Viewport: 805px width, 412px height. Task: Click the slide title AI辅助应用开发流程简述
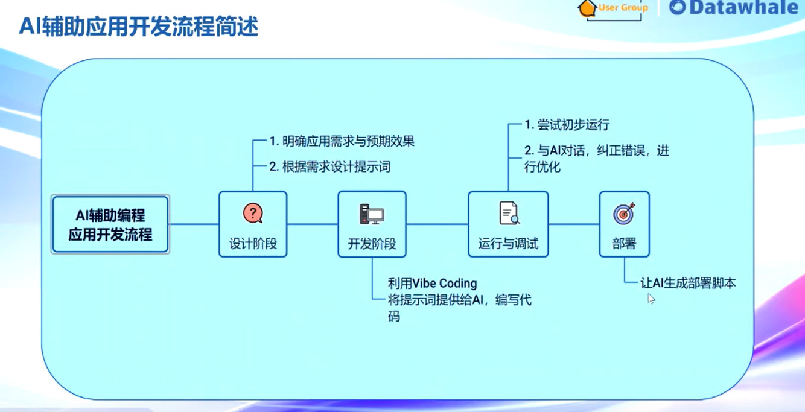pyautogui.click(x=139, y=27)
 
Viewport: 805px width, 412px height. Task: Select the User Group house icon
pyautogui.click(x=586, y=8)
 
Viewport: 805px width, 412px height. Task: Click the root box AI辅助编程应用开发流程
pyautogui.click(x=110, y=224)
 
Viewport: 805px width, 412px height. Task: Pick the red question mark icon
pyautogui.click(x=253, y=213)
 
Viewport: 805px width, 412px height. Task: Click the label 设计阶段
pyautogui.click(x=253, y=244)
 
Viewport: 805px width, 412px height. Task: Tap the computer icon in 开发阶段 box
pyautogui.click(x=372, y=214)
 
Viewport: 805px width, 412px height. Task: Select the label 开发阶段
pyautogui.click(x=372, y=244)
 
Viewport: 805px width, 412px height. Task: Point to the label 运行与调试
pyautogui.click(x=508, y=244)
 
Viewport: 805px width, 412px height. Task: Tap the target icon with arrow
pyautogui.click(x=624, y=214)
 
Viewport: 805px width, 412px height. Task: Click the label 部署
pyautogui.click(x=624, y=244)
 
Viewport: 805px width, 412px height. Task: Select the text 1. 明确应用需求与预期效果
pyautogui.click(x=342, y=142)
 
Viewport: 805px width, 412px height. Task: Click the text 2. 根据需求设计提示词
pyautogui.click(x=329, y=166)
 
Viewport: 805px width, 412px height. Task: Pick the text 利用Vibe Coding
pyautogui.click(x=432, y=283)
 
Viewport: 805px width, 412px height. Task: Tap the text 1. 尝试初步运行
pyautogui.click(x=567, y=125)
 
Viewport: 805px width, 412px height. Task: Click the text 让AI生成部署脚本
pyautogui.click(x=688, y=283)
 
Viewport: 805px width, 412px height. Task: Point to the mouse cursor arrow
pyautogui.click(x=651, y=299)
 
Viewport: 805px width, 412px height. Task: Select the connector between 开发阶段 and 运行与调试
pyautogui.click(x=437, y=224)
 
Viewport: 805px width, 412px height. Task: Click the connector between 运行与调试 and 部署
pyautogui.click(x=573, y=224)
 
